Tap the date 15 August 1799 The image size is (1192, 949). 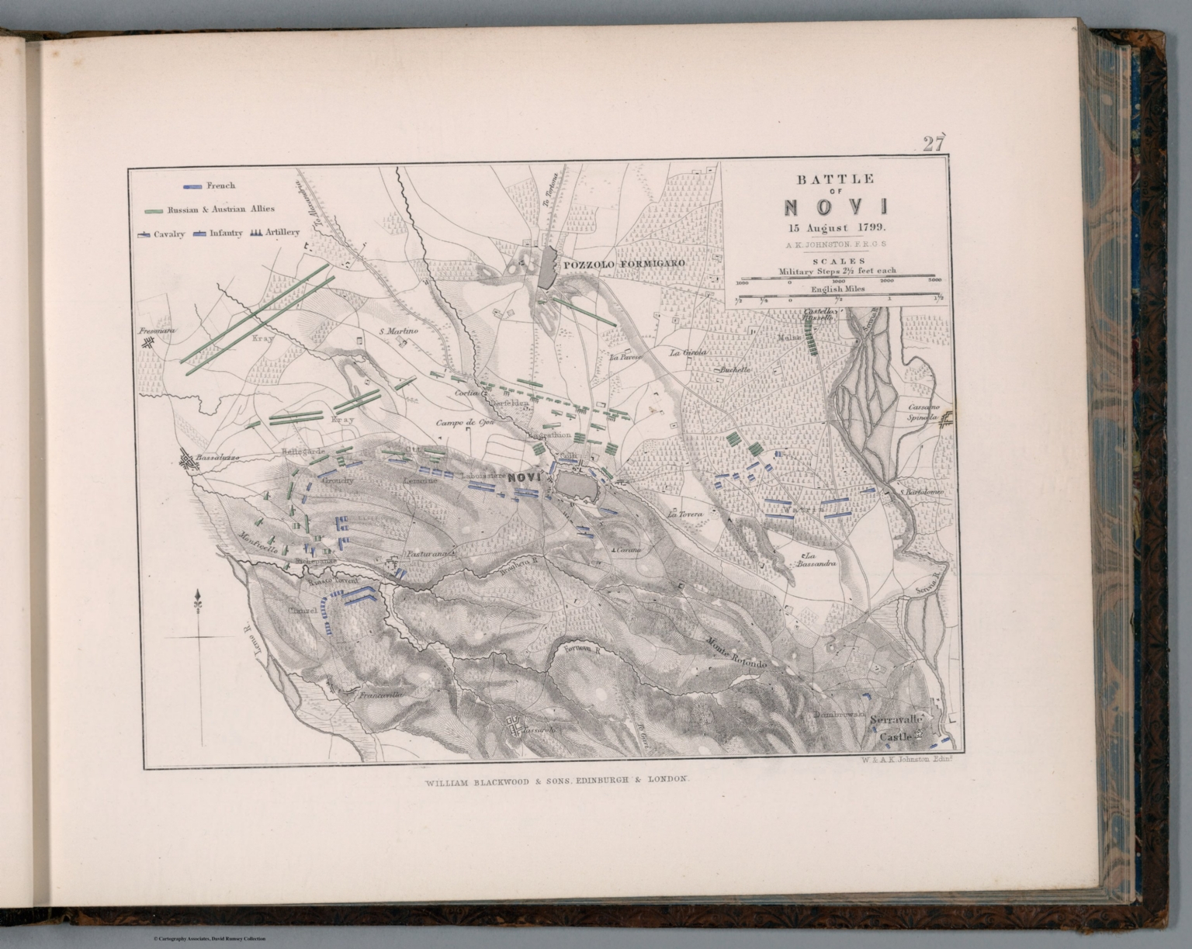click(836, 227)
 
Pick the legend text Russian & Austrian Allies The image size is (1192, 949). click(220, 209)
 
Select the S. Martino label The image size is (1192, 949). click(399, 331)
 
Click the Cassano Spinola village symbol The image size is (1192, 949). click(948, 418)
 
